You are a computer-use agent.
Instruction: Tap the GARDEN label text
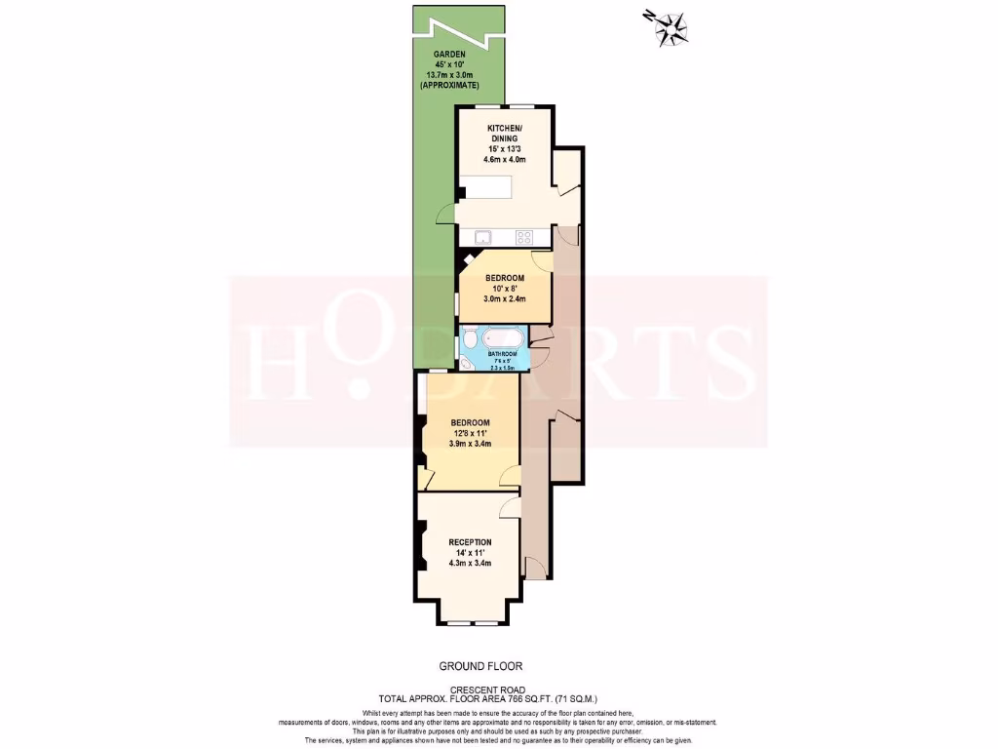(x=449, y=54)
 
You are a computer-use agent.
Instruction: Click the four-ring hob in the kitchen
(x=524, y=236)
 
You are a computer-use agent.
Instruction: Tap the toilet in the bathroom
(x=470, y=338)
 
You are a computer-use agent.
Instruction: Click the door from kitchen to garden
(x=446, y=215)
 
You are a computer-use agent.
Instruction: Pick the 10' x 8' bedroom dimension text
(x=505, y=289)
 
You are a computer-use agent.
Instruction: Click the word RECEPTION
(x=470, y=542)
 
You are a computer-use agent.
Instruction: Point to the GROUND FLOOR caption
(x=480, y=667)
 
